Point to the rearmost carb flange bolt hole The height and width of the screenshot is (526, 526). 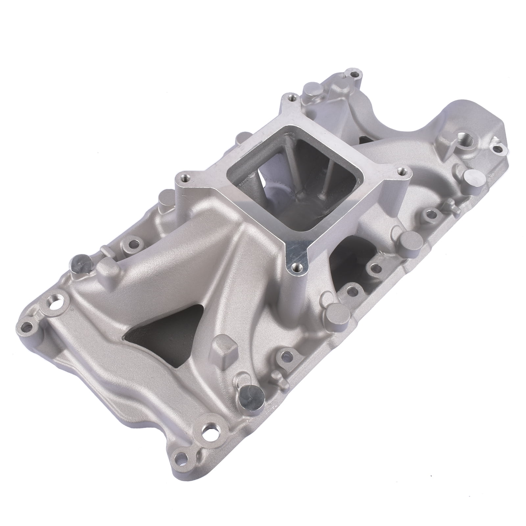click(291, 97)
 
